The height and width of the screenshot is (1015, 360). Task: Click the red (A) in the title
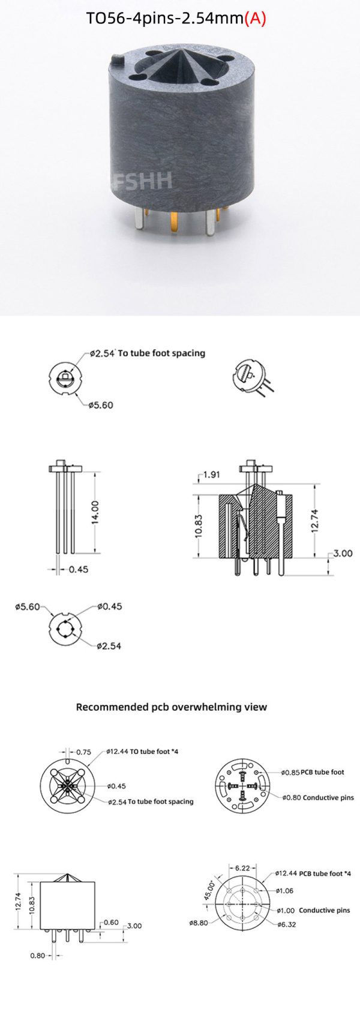pyautogui.click(x=255, y=19)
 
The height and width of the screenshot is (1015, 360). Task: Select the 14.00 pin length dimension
pyautogui.click(x=95, y=512)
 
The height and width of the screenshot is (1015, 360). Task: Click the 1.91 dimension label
pyautogui.click(x=211, y=475)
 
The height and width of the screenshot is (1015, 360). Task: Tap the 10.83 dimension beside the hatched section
pyautogui.click(x=200, y=527)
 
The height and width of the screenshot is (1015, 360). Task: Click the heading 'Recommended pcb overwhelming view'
pyautogui.click(x=172, y=707)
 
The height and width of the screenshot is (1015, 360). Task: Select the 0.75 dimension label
pyautogui.click(x=84, y=752)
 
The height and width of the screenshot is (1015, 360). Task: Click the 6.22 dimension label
pyautogui.click(x=242, y=867)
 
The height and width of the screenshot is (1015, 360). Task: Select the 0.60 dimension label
pyautogui.click(x=111, y=922)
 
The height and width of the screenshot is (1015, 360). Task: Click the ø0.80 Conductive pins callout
pyautogui.click(x=318, y=797)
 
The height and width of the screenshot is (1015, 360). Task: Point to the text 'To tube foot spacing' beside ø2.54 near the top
pyautogui.click(x=161, y=353)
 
